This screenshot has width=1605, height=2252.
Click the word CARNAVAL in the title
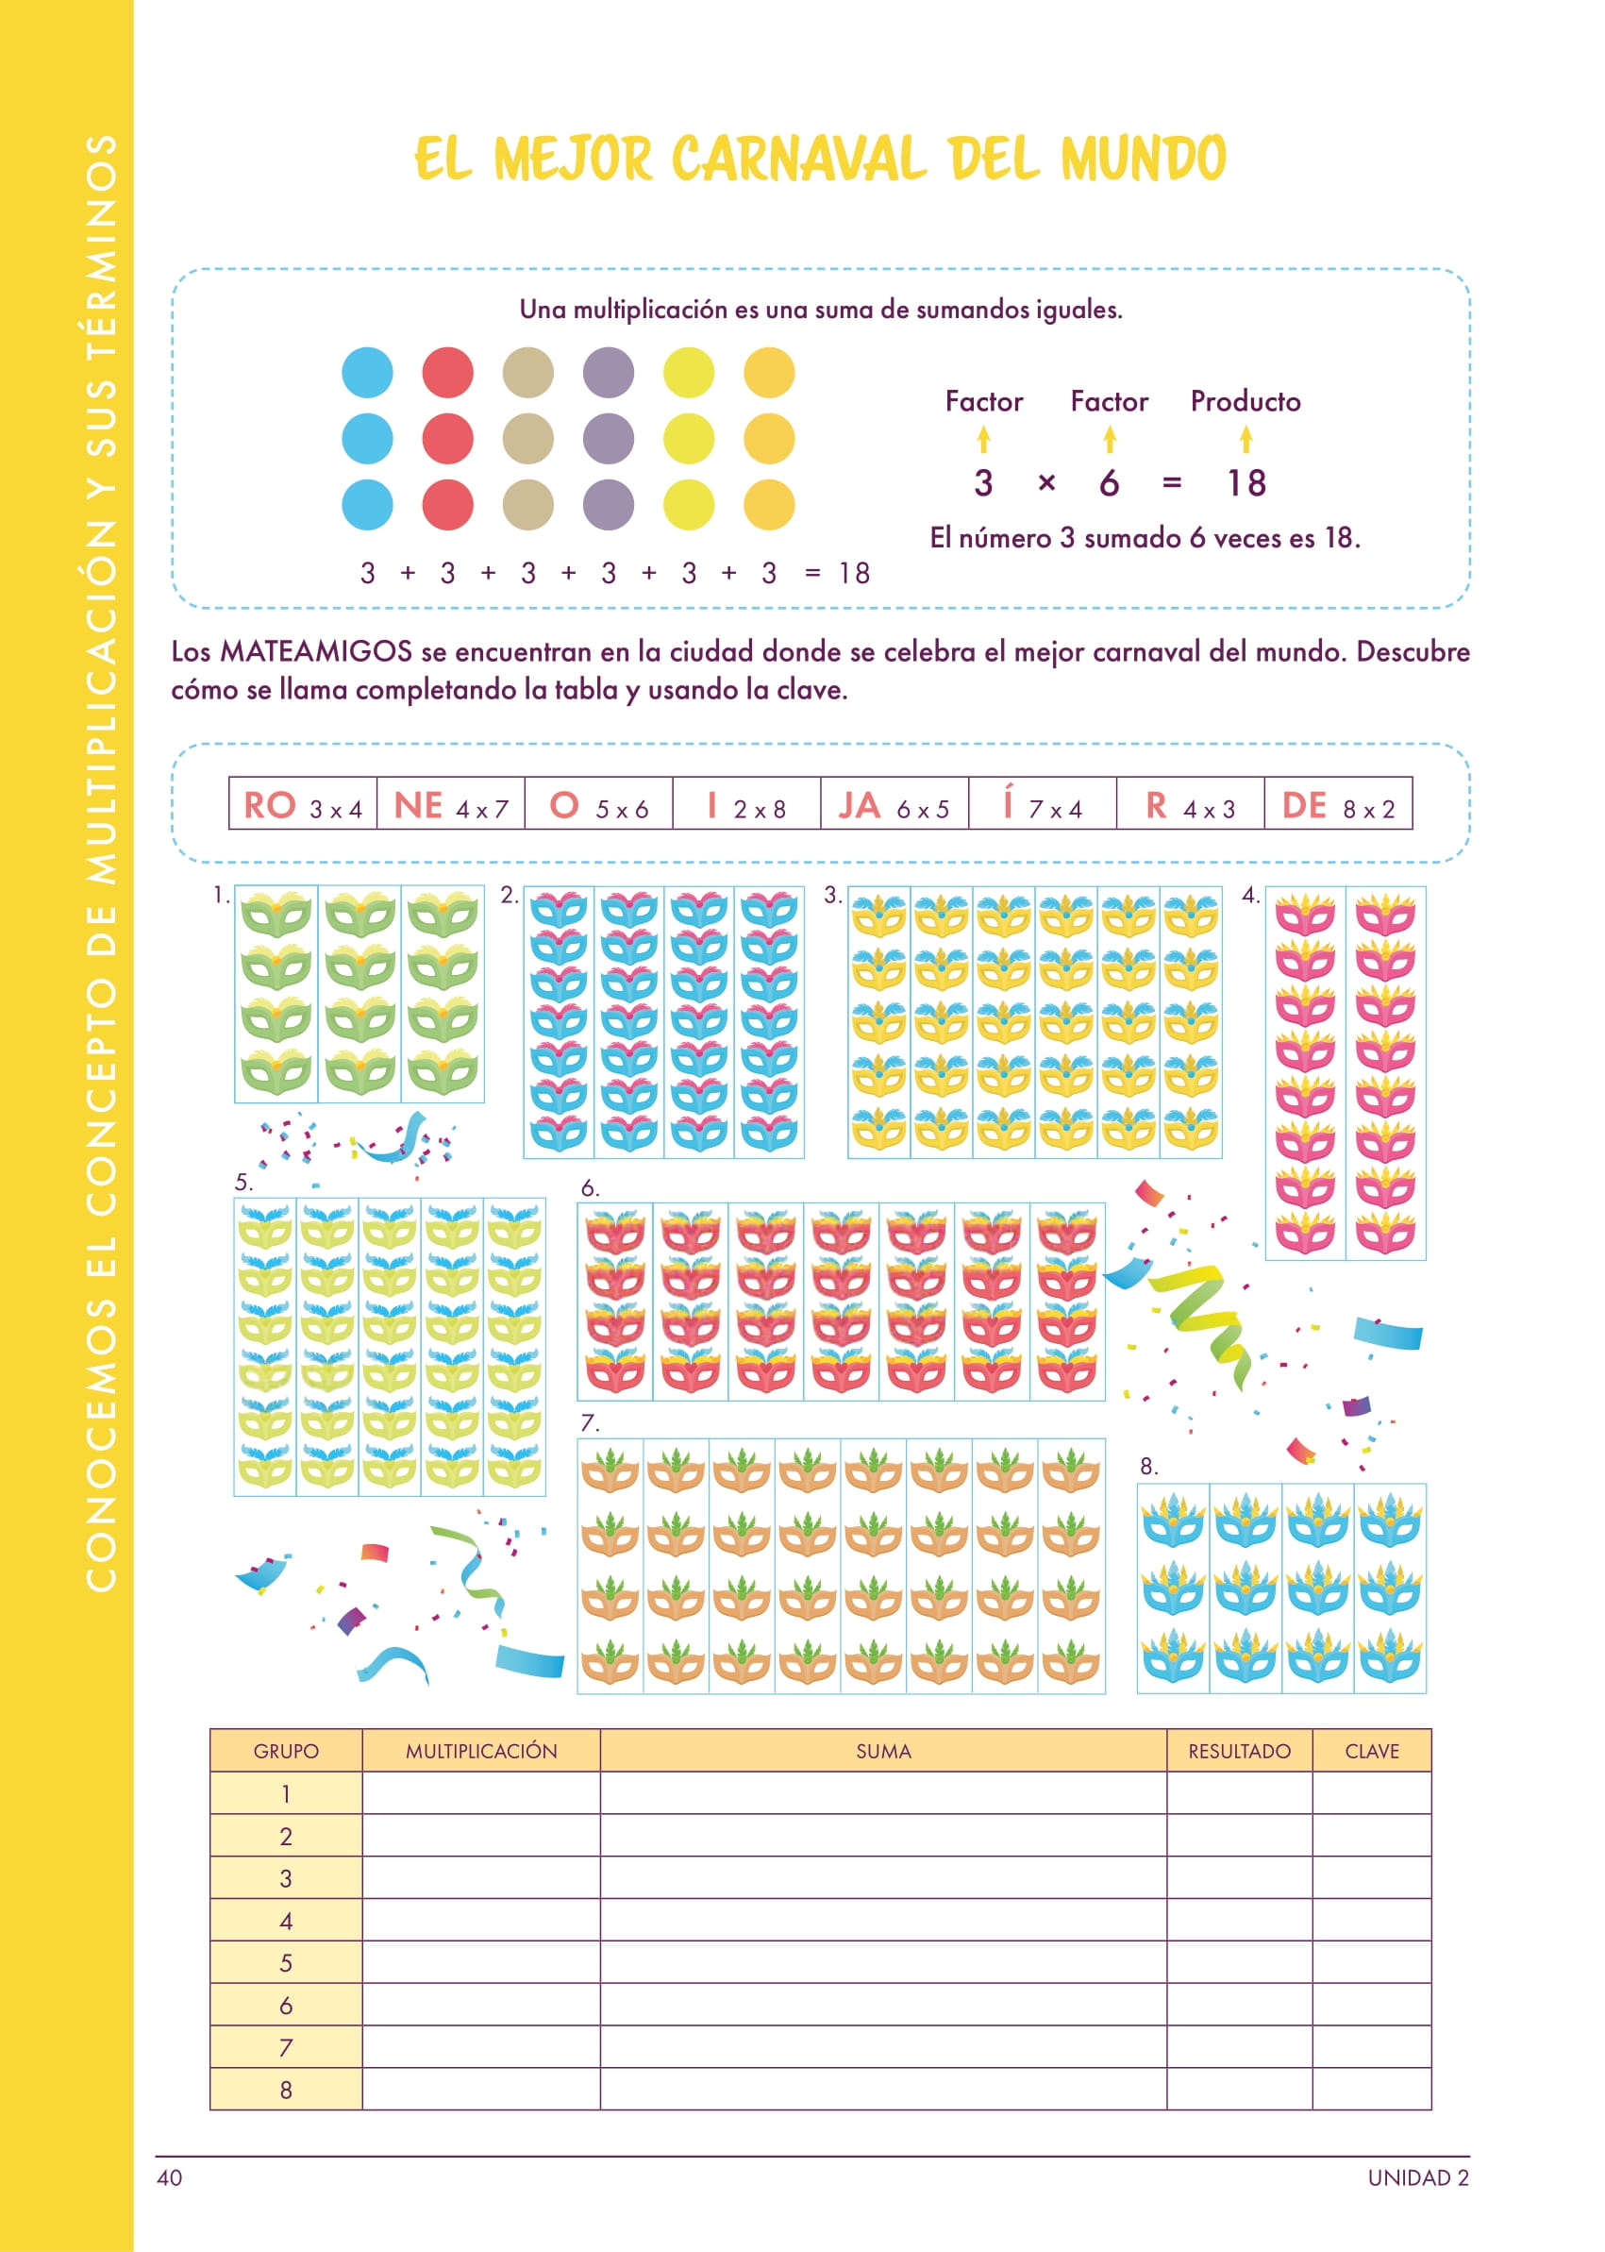tap(798, 160)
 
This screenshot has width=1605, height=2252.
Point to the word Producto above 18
tap(1245, 401)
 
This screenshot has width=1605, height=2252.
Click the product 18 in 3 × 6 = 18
tap(1246, 483)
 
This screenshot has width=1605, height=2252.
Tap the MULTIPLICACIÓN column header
tap(481, 1751)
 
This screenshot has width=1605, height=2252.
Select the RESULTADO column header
tap(1238, 1751)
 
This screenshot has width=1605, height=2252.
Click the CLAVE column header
tap(1371, 1751)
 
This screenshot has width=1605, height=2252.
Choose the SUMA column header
tap(882, 1751)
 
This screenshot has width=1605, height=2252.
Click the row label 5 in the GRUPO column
tap(286, 1962)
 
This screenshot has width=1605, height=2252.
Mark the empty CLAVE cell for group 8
tap(1371, 2089)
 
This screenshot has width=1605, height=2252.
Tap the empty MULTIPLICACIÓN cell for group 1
tap(481, 1793)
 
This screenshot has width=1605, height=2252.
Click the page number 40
tap(169, 2177)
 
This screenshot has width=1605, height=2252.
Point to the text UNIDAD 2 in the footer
tap(1417, 2177)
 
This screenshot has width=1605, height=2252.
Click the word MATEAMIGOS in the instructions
tap(315, 651)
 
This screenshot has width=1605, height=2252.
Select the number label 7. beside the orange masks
tap(589, 1422)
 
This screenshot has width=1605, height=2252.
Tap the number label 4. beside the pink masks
tap(1250, 896)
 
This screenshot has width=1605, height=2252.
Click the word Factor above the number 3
tap(983, 401)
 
